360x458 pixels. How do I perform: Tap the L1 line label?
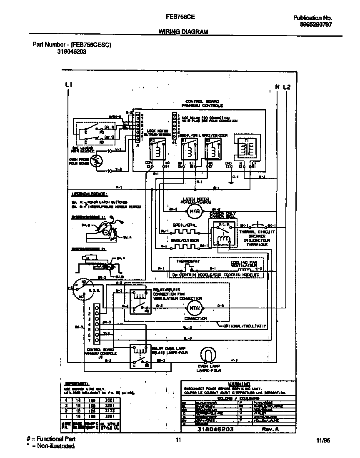click(x=69, y=85)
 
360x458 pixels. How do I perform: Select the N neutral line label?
click(x=277, y=87)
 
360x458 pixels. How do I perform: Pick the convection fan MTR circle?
click(x=193, y=308)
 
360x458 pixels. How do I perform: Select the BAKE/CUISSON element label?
click(x=185, y=240)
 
